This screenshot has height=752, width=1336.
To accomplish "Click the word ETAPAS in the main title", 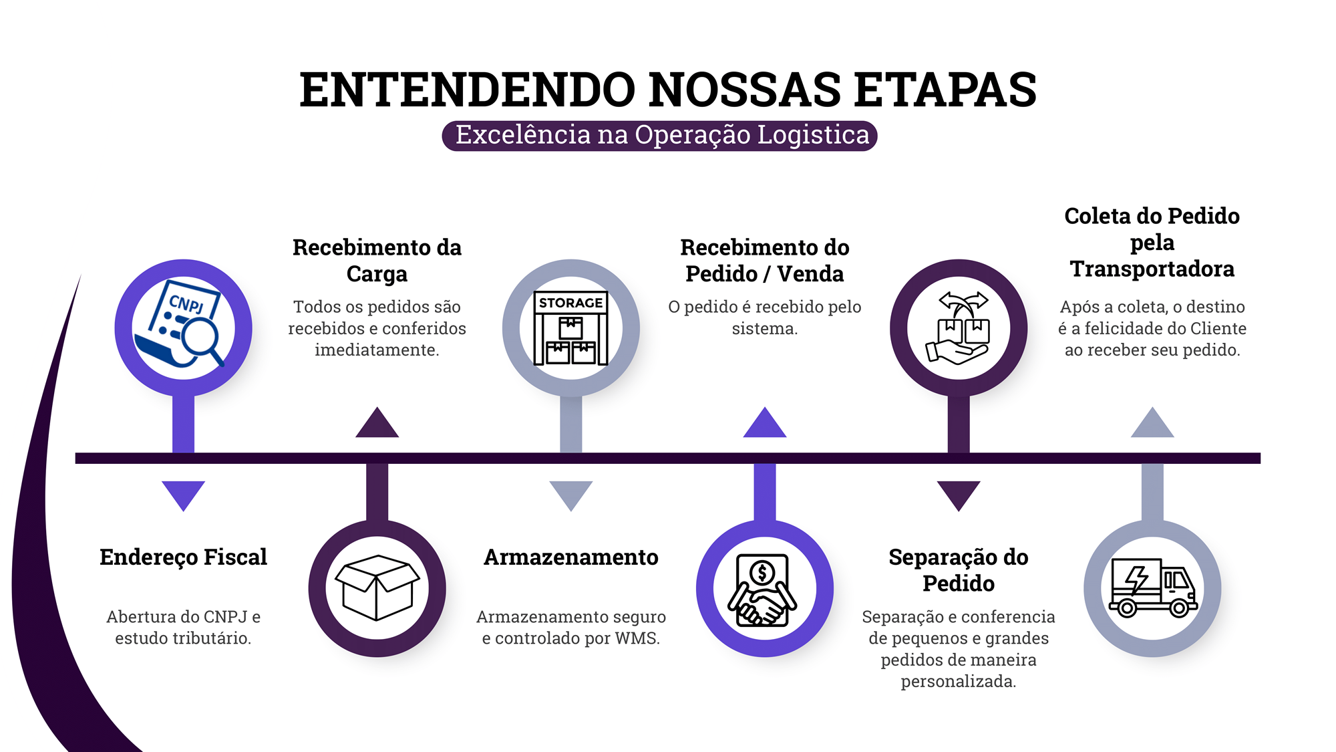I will pyautogui.click(x=945, y=90).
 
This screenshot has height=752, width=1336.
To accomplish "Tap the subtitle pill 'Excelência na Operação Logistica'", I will pyautogui.click(x=660, y=136).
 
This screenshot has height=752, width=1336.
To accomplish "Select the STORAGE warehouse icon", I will pyautogui.click(x=571, y=328).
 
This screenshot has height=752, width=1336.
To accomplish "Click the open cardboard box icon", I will pyautogui.click(x=377, y=588).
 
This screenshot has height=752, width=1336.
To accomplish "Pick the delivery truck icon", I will pyautogui.click(x=1152, y=588).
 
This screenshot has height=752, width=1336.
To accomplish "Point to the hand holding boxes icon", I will pyautogui.click(x=959, y=328).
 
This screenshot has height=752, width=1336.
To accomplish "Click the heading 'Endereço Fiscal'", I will pyautogui.click(x=183, y=557).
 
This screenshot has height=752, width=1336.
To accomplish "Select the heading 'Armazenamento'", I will pyautogui.click(x=571, y=557).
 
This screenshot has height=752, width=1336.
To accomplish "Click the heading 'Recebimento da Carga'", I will pyautogui.click(x=377, y=261).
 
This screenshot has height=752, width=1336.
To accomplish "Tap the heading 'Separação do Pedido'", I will pyautogui.click(x=959, y=570).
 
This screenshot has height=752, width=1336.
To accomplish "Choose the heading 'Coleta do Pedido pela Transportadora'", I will pyautogui.click(x=1152, y=242).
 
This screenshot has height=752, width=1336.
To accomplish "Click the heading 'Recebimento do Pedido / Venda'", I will pyautogui.click(x=765, y=261).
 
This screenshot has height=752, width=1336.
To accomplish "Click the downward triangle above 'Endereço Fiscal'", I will pyautogui.click(x=183, y=493).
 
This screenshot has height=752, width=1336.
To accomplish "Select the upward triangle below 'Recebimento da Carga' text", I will pyautogui.click(x=377, y=425).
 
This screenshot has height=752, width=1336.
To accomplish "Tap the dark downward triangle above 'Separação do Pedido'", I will pyautogui.click(x=959, y=493).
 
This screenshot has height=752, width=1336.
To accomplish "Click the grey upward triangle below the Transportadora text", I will pyautogui.click(x=1152, y=425).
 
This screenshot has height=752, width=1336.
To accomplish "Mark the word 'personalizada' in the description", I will pyautogui.click(x=958, y=682).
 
